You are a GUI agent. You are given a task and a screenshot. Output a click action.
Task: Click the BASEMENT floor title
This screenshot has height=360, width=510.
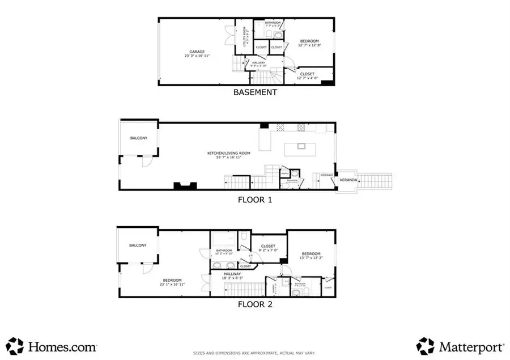point(255,92)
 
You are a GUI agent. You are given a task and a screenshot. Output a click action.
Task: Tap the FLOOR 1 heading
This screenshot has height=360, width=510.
point(255,200)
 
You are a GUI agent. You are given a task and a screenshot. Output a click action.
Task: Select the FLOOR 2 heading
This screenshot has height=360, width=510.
point(255,304)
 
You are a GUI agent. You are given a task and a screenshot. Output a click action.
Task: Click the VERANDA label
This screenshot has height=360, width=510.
point(347,180)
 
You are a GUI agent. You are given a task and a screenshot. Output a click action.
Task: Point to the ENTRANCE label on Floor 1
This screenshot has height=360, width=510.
point(327,175)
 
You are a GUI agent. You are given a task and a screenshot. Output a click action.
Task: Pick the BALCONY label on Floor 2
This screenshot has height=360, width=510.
point(138,245)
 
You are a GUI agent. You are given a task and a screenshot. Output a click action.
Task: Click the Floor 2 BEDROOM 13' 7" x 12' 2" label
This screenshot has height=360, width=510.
point(311,256)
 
